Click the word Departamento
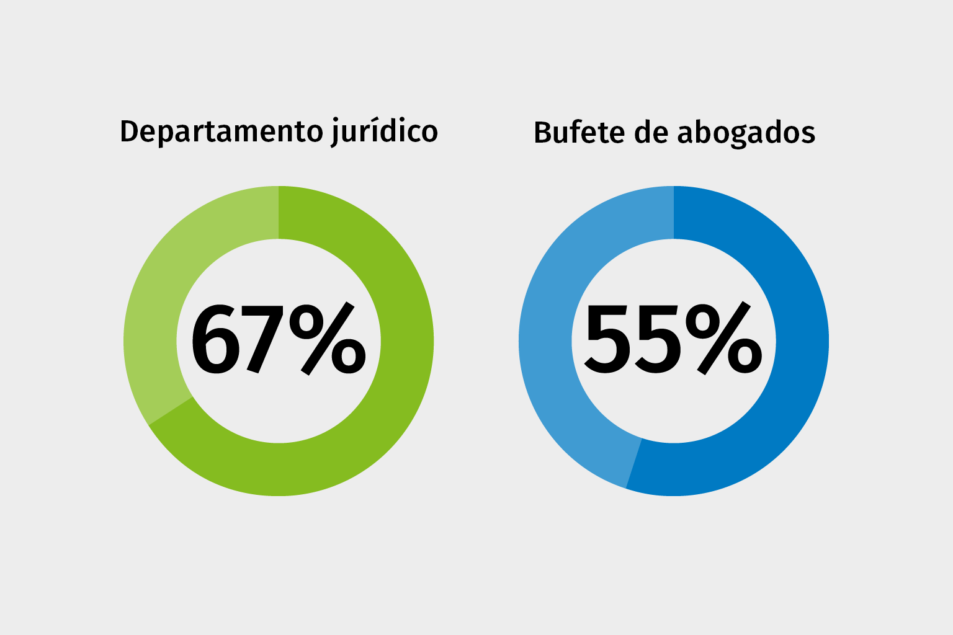[x=221, y=132]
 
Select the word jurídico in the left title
[x=384, y=132]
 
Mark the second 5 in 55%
[x=657, y=340]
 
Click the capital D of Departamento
[x=128, y=131]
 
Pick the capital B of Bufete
[x=543, y=133]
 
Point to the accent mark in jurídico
[x=372, y=119]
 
